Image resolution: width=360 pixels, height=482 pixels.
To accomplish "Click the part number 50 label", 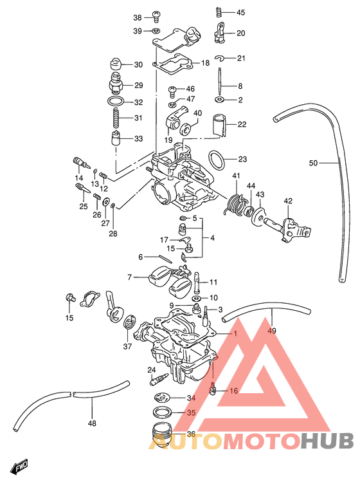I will tap(313, 163).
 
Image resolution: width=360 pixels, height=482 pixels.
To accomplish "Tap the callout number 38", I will tap(137, 17).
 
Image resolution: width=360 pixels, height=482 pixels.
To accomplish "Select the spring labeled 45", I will tap(218, 12).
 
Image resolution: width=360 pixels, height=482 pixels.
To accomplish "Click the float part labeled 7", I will tap(162, 277).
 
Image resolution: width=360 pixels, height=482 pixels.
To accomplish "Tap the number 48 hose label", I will tap(92, 423).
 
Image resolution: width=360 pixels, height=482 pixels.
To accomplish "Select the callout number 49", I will tap(271, 330).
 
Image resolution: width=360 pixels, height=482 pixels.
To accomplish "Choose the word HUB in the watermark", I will tap(327, 440).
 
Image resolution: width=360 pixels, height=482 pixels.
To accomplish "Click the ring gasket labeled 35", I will tap(161, 412).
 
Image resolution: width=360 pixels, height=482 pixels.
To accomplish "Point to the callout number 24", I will tap(152, 369).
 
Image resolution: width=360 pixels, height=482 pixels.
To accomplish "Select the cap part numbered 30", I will tap(116, 64).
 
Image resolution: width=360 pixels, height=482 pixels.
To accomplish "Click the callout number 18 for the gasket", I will tap(205, 63).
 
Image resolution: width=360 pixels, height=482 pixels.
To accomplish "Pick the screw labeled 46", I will tap(174, 89).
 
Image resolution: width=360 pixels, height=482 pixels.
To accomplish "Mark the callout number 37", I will tap(127, 346).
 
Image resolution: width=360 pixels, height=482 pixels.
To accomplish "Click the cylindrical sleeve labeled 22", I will tap(221, 125).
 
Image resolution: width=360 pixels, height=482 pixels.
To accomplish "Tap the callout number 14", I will tap(80, 178).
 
